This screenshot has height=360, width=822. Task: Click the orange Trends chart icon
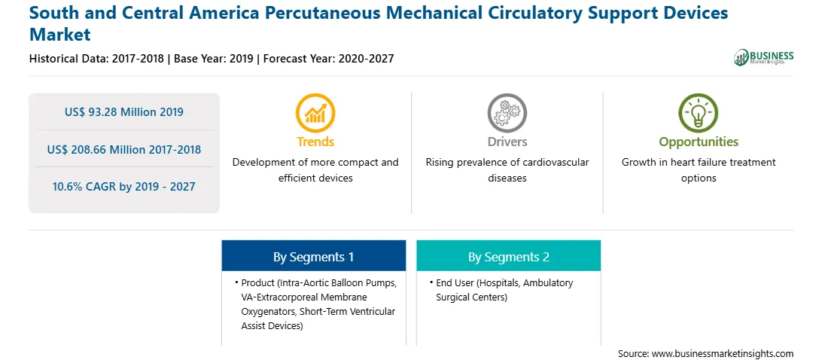315,112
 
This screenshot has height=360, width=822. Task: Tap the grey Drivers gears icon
507,112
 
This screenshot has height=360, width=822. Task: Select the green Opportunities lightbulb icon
699,112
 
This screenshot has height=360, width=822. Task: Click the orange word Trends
315,142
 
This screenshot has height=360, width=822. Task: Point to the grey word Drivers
507,142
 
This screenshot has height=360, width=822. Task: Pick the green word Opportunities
699,142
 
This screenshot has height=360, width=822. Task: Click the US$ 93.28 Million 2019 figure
124,111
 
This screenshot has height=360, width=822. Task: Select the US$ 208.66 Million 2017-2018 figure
124,150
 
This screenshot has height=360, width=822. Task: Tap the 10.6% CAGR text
124,187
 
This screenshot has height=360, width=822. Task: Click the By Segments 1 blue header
313,256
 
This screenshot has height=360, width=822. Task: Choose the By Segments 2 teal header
509,256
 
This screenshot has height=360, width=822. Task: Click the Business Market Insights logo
763,57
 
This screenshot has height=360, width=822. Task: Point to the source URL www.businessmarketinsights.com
705,353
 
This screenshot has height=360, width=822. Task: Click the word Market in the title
59,35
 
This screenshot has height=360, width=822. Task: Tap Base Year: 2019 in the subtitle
213,59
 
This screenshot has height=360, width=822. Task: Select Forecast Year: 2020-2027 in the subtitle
329,59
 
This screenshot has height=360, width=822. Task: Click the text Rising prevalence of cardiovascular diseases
507,170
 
